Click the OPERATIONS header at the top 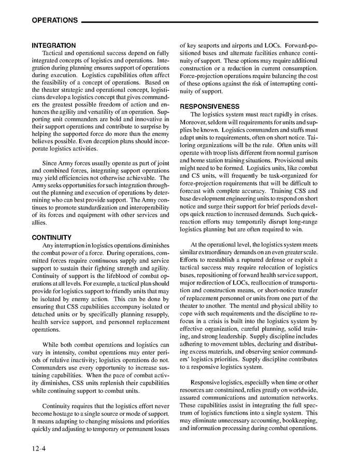(55, 20)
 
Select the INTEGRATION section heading (53, 46)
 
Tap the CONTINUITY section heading (51, 237)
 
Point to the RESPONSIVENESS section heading (209, 106)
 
